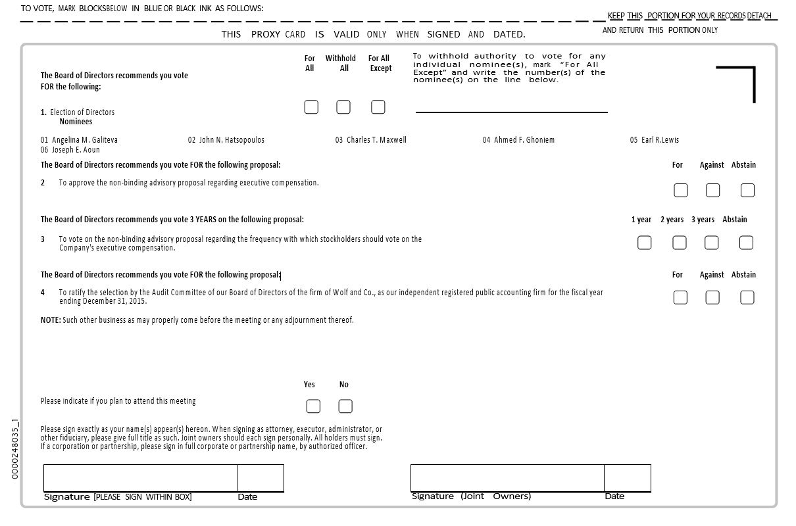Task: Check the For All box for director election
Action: [x=311, y=107]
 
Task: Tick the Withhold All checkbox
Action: [x=343, y=107]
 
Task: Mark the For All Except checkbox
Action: [x=378, y=107]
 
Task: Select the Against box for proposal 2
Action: [x=712, y=191]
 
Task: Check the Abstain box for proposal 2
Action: [x=747, y=191]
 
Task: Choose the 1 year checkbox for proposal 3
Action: [x=645, y=243]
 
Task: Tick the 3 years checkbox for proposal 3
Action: [x=712, y=243]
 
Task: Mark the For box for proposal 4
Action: [x=680, y=298]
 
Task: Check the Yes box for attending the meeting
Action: [x=314, y=406]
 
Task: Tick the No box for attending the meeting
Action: [x=345, y=406]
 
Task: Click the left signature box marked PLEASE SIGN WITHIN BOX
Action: [x=140, y=477]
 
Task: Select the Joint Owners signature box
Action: [x=507, y=477]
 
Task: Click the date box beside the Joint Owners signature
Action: [x=628, y=477]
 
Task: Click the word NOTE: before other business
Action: [x=51, y=320]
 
